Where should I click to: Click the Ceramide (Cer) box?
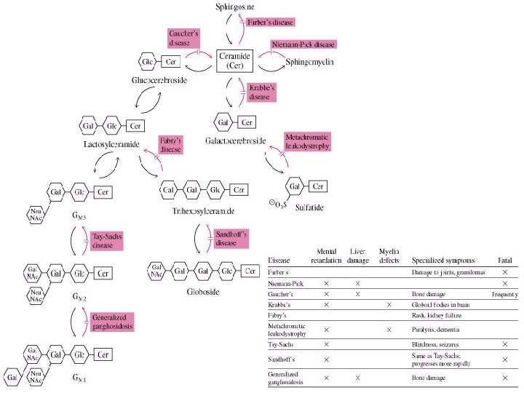click(x=234, y=60)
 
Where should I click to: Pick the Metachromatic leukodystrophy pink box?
click(x=307, y=141)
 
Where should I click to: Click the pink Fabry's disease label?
click(x=171, y=143)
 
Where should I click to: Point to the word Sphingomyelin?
click(x=309, y=63)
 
